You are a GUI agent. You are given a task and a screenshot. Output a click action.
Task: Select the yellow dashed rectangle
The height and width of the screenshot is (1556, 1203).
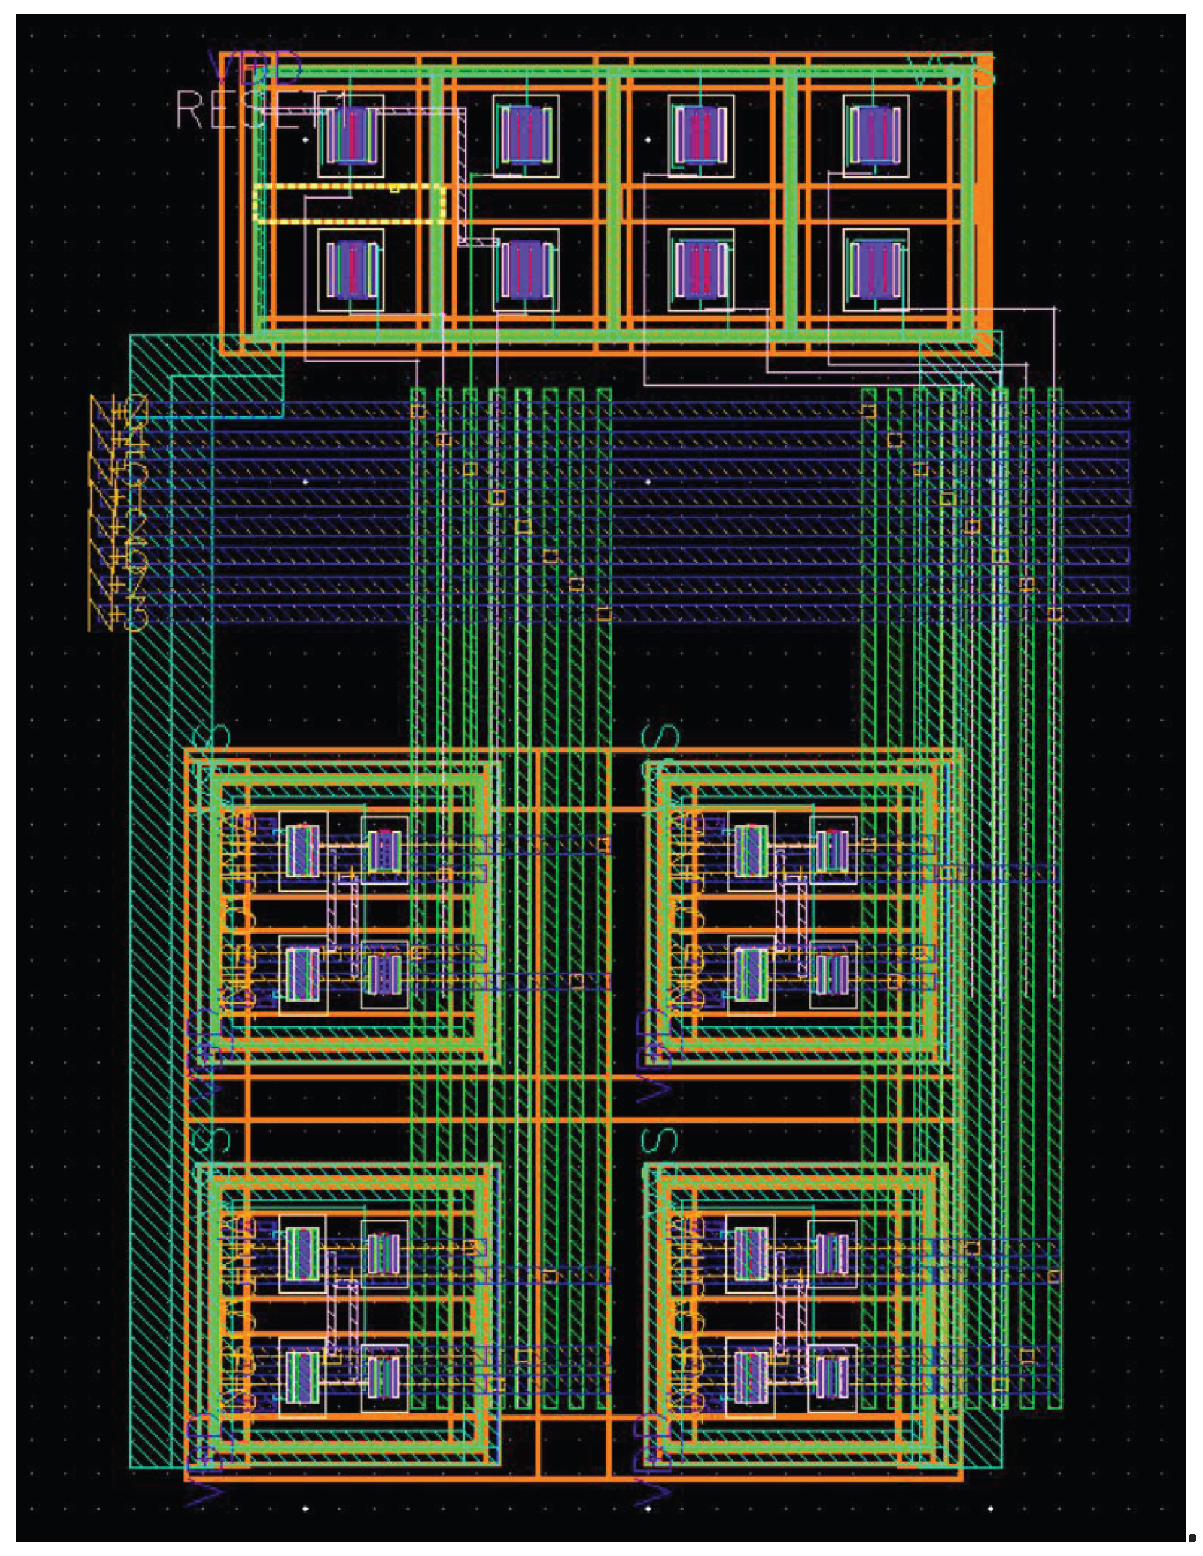click(x=349, y=204)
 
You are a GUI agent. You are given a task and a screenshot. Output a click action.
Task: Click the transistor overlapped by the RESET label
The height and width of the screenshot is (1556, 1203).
click(x=351, y=135)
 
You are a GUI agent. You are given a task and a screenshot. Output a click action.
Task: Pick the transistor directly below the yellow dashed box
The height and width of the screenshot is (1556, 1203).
click(x=351, y=269)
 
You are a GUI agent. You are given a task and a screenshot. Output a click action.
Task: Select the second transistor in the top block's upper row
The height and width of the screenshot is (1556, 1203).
click(x=526, y=135)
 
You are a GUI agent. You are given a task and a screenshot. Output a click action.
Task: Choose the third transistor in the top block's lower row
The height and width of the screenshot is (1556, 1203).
click(x=700, y=269)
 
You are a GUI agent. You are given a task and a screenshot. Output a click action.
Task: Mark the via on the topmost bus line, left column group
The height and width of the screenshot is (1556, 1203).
click(x=418, y=411)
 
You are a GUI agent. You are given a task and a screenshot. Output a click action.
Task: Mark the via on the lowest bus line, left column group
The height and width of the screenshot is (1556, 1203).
click(x=604, y=614)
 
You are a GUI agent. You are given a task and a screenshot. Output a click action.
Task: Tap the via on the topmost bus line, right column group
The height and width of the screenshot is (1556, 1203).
click(x=868, y=411)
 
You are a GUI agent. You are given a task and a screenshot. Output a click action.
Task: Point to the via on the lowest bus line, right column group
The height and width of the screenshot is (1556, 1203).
click(x=1055, y=614)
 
